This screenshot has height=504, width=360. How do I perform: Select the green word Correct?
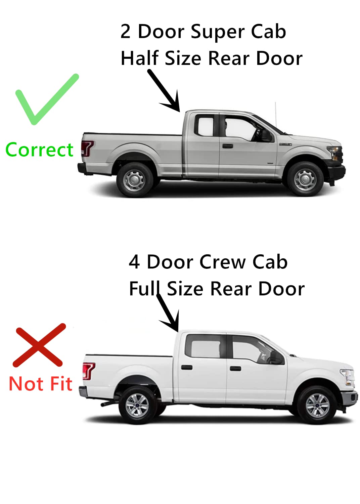point(39,150)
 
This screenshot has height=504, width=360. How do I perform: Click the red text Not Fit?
point(40,384)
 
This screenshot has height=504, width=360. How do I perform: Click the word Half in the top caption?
point(139,58)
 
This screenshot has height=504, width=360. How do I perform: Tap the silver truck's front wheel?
point(305,179)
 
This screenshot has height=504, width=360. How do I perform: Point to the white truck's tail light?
point(89,371)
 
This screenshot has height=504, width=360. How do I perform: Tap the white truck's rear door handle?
point(186,367)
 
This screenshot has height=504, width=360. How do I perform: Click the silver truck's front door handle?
point(227,146)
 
